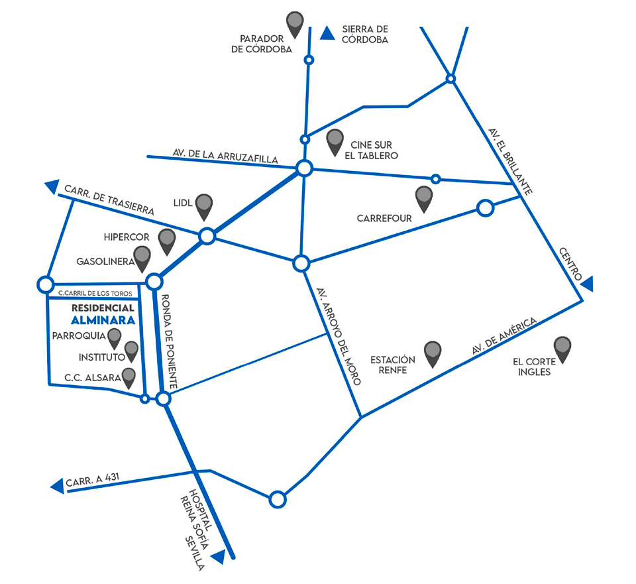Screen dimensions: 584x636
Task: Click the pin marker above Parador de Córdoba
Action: pos(295,23)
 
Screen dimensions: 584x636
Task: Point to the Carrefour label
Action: pos(384,217)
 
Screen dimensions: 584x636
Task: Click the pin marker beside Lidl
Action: pos(204,205)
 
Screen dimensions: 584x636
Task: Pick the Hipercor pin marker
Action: pos(167,240)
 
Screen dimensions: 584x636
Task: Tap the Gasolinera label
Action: pos(105,262)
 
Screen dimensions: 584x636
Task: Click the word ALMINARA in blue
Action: pos(103,320)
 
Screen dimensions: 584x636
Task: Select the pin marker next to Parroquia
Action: pos(115,337)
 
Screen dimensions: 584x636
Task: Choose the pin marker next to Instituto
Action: pos(131,351)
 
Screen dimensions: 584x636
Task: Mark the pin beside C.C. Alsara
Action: pos(129,377)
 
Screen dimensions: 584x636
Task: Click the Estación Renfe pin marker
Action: pos(433,353)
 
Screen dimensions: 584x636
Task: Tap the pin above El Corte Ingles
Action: pos(562,348)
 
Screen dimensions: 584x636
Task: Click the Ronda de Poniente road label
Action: pos(169,342)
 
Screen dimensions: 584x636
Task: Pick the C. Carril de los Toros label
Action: pos(95,293)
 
